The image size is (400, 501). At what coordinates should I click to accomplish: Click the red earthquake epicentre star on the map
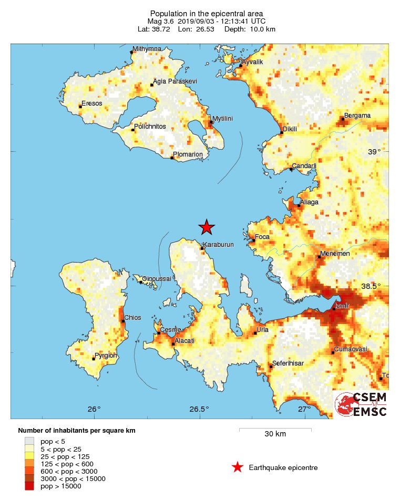point(207,227)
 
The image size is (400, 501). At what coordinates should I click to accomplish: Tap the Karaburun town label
point(219,245)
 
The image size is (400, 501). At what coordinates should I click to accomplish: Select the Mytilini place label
point(222,119)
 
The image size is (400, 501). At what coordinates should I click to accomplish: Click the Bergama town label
point(357,116)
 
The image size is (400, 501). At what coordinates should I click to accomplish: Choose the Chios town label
point(132,317)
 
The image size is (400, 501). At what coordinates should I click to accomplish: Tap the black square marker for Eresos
point(80,107)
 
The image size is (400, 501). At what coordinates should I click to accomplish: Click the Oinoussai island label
point(157,278)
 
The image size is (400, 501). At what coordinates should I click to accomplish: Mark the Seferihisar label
point(288,363)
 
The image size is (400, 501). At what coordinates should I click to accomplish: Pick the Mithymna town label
point(147,49)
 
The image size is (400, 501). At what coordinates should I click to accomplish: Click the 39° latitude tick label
point(374,152)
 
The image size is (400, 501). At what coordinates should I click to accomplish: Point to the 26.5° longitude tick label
point(199,410)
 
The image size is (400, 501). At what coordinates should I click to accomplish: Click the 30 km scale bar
point(275,430)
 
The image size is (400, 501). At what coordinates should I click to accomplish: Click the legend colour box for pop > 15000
point(29,486)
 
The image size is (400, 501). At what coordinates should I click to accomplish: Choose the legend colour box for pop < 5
point(29,441)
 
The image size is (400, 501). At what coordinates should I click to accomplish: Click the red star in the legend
point(238,467)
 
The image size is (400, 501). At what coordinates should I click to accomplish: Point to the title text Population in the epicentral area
point(207,13)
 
